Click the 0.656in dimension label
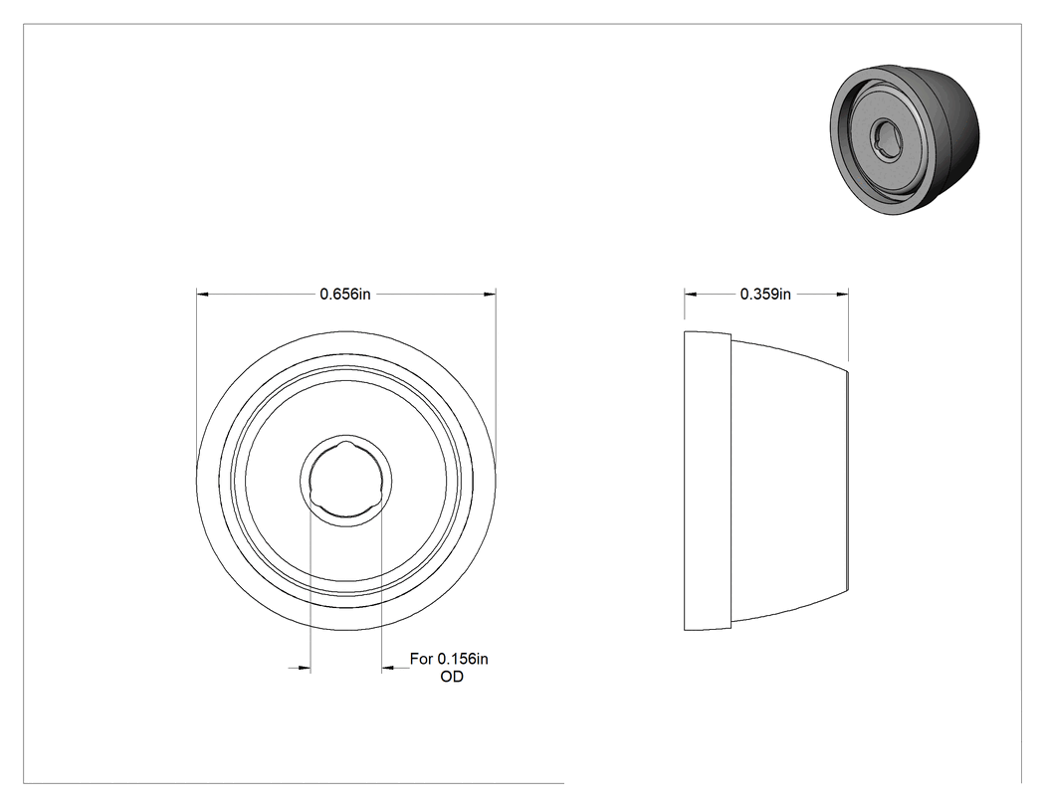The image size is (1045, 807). coord(345,294)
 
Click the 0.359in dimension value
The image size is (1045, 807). coord(765,294)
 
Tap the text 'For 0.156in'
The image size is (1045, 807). coord(449,659)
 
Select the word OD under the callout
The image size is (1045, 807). coord(452,677)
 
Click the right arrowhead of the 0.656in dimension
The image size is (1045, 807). coord(490,294)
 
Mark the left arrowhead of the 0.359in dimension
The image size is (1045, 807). coord(691,294)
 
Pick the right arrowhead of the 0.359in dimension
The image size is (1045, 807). coord(842,294)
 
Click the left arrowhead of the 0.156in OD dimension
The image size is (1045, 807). coord(305,667)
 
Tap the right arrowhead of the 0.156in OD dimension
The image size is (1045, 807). coord(388,667)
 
